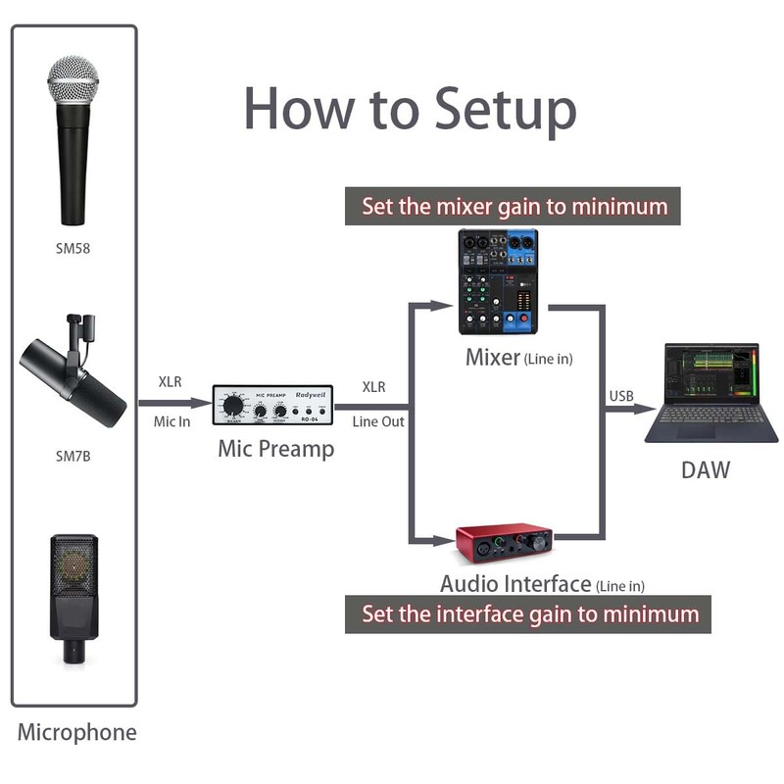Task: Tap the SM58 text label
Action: (x=73, y=248)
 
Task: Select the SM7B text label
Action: (x=73, y=456)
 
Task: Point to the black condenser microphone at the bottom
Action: (x=73, y=598)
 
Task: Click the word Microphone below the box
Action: (x=76, y=732)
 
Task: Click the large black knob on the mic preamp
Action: (x=233, y=406)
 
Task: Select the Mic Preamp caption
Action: (x=275, y=450)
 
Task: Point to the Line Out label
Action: (x=378, y=422)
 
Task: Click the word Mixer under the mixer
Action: (x=492, y=358)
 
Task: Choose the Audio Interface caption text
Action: (x=515, y=584)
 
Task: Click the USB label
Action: (x=621, y=397)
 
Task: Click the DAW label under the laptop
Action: (x=706, y=470)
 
